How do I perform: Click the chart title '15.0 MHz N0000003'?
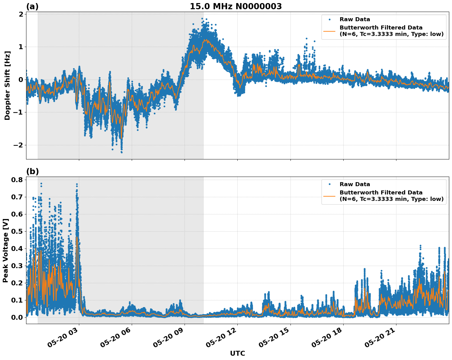(236, 6)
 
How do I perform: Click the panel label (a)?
(32, 6)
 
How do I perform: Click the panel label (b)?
(32, 171)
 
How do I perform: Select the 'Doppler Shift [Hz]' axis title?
(7, 85)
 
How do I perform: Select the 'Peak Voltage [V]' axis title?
(6, 250)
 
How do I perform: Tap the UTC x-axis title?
(237, 353)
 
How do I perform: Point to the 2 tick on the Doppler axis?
(21, 14)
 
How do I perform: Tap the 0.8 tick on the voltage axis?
(18, 180)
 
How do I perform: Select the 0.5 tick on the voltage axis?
(18, 231)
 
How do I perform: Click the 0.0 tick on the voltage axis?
(18, 317)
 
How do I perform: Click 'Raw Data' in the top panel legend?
(355, 19)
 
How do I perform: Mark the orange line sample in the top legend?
(329, 31)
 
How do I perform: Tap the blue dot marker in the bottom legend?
(329, 184)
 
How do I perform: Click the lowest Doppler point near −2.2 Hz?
(122, 152)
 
